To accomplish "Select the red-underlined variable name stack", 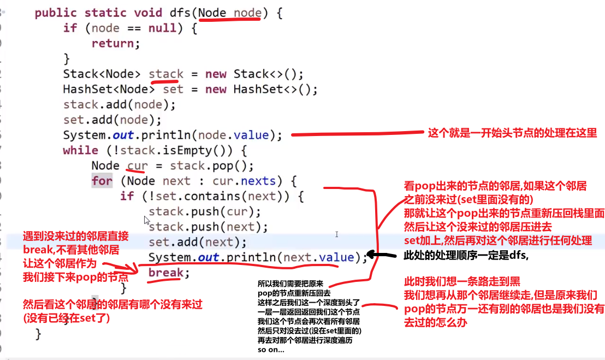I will click(x=166, y=74).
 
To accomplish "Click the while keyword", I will click(x=80, y=150).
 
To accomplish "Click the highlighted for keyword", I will click(x=102, y=181).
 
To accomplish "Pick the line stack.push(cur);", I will click(x=205, y=211).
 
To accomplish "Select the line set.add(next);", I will click(x=197, y=241).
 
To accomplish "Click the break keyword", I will click(x=166, y=273).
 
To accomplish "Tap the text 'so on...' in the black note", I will click(x=271, y=349).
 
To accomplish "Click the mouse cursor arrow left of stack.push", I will click(x=146, y=221).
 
